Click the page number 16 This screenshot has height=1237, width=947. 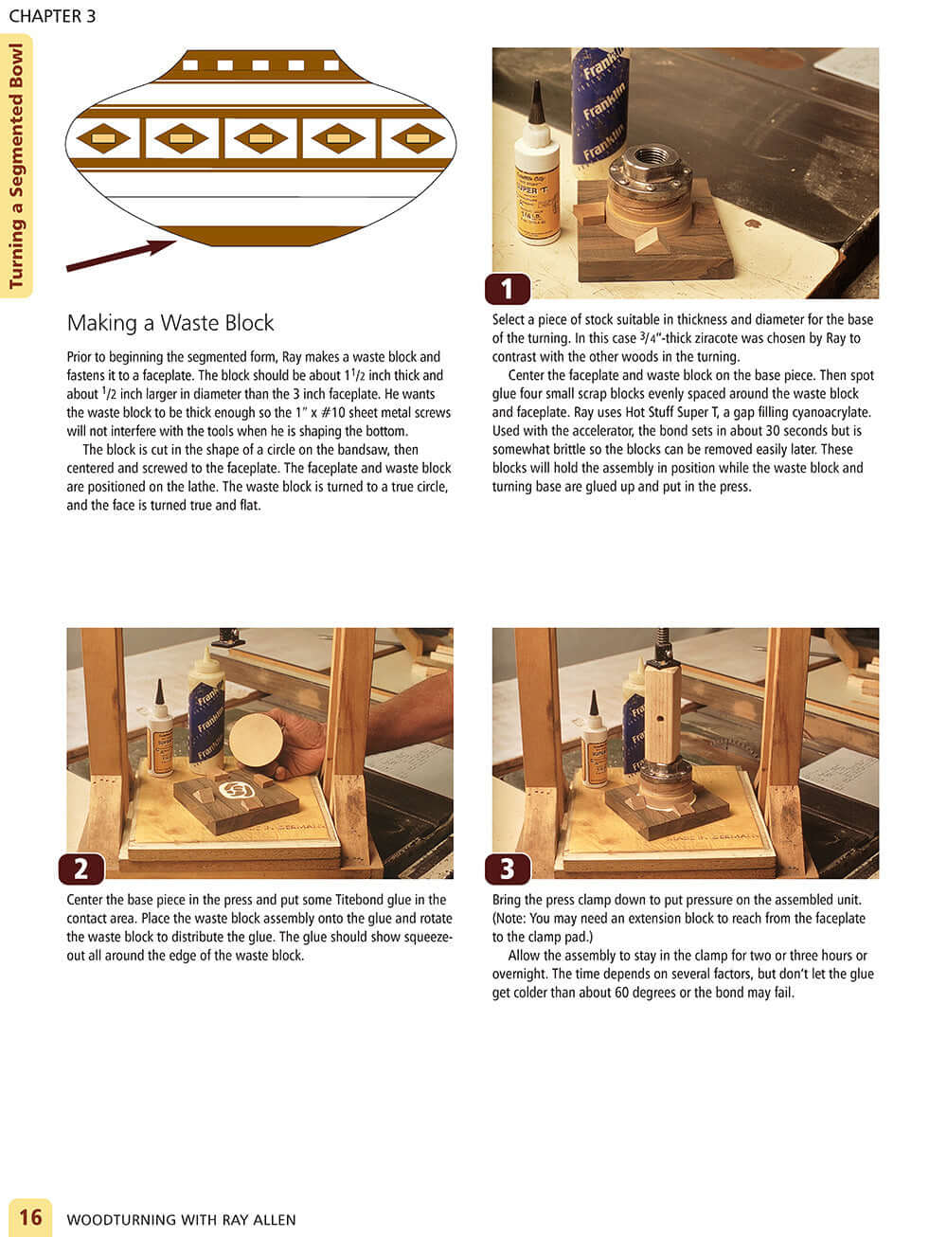(x=30, y=1216)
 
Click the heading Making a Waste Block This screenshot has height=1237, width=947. (x=170, y=323)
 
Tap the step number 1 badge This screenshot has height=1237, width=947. (x=507, y=288)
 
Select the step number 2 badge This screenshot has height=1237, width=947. (x=81, y=868)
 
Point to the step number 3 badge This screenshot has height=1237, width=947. (x=507, y=868)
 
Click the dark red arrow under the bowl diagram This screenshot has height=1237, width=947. (x=120, y=256)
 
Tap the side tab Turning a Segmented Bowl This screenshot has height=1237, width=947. (x=16, y=166)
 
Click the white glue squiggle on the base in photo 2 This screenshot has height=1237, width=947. (x=234, y=789)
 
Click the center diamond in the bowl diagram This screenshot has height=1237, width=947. (x=260, y=138)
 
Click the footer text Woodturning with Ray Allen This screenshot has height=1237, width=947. (x=181, y=1219)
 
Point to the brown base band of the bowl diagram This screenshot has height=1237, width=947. (x=260, y=236)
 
